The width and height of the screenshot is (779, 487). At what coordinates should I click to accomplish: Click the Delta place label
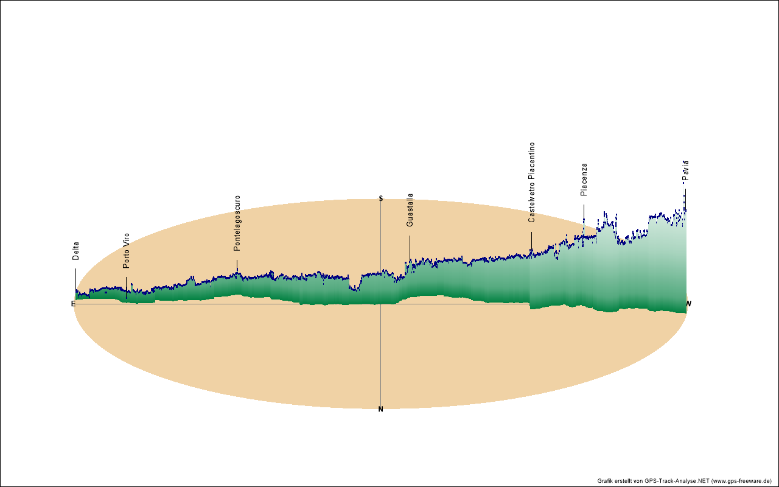point(76,251)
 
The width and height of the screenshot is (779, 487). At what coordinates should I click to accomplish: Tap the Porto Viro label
point(127,251)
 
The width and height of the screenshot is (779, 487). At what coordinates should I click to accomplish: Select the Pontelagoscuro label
point(237,223)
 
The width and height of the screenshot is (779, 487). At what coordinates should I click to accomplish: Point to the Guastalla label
point(410,211)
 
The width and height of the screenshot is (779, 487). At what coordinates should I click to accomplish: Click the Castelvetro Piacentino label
point(532,183)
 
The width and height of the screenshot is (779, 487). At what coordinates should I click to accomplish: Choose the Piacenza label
point(584,180)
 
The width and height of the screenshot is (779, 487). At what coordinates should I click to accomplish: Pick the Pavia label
point(686,171)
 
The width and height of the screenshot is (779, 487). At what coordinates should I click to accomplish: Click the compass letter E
point(73,304)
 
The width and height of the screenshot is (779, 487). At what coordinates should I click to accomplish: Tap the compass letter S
point(381,198)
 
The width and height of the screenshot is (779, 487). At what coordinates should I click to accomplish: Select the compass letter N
point(381,409)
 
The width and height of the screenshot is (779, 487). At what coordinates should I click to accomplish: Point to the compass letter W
point(689,304)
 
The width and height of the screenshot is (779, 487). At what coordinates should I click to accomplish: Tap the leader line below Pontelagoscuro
point(237,265)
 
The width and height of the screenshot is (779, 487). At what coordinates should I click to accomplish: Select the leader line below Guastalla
point(410,248)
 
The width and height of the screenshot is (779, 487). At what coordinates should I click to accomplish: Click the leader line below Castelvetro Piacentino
point(531,240)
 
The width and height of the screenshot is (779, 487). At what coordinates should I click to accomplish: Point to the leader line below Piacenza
point(584,212)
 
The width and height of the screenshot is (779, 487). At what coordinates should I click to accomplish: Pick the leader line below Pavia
point(685,198)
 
